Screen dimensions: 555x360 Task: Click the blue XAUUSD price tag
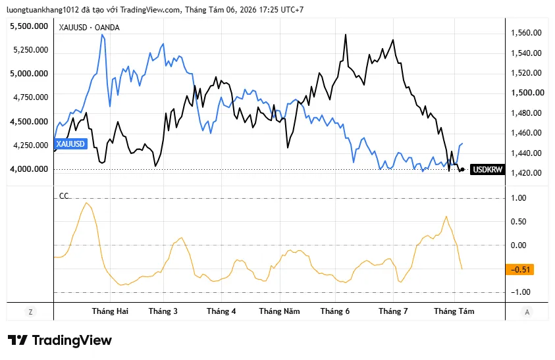[70, 143]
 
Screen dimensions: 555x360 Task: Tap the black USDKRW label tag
[487, 170]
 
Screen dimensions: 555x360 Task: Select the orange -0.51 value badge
[520, 269]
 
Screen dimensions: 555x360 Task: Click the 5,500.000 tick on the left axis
[29, 26]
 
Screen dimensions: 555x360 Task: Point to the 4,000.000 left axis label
[29, 169]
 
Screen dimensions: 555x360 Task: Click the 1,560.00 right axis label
[526, 33]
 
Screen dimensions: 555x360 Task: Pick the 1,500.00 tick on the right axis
[527, 93]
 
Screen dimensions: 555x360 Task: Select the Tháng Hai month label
[110, 311]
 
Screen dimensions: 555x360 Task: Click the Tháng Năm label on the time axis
[279, 311]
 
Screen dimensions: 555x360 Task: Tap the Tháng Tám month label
[454, 311]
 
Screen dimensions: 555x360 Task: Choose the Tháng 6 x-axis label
[335, 311]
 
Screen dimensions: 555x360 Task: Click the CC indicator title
[64, 195]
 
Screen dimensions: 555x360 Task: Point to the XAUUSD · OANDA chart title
[89, 28]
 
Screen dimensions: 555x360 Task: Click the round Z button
[30, 312]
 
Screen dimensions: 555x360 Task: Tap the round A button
[527, 312]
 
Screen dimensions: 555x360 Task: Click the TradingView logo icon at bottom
[18, 340]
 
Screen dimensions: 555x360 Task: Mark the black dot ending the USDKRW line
[462, 170]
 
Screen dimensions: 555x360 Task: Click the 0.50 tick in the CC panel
[518, 222]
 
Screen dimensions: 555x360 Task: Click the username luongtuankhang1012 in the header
[43, 10]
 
